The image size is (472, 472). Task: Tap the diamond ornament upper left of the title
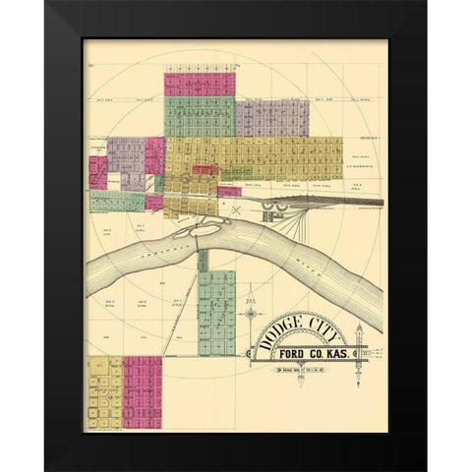coord(254,316)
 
